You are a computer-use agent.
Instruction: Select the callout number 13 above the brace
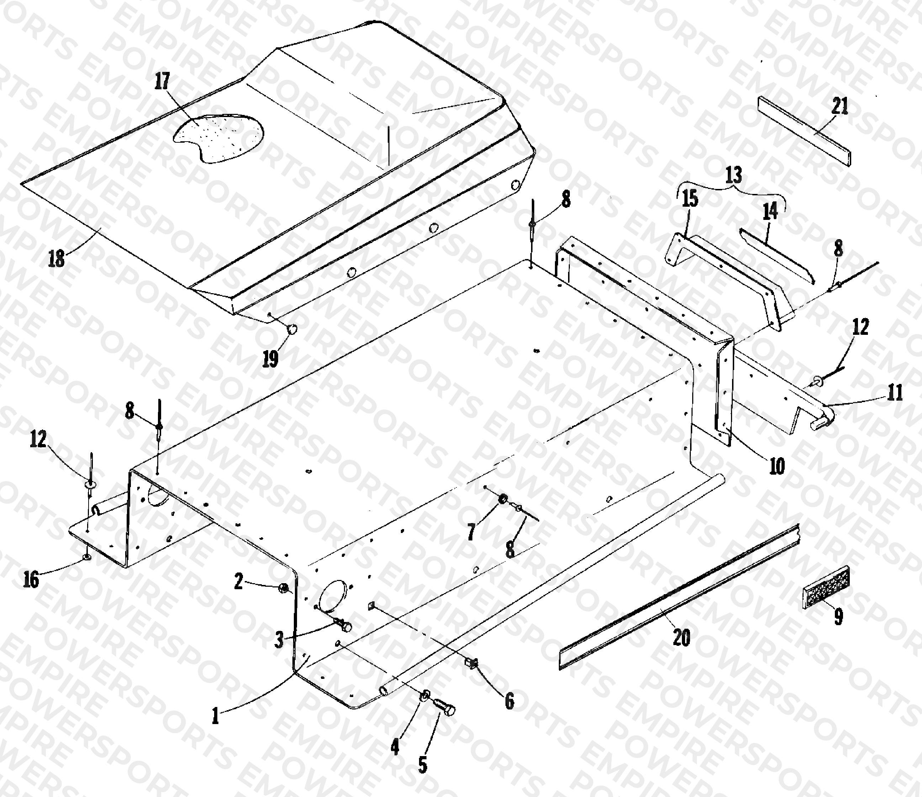(734, 176)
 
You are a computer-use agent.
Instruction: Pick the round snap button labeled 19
(293, 329)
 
